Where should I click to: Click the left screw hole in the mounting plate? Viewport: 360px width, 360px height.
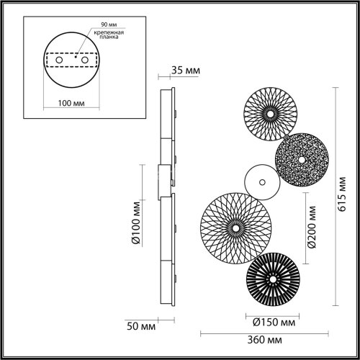58,59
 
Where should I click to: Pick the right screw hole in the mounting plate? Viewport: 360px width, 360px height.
84,59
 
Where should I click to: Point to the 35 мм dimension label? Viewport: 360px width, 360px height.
184,71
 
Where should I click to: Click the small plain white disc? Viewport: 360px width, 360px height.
259,180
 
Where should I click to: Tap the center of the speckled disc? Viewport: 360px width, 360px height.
300,159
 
